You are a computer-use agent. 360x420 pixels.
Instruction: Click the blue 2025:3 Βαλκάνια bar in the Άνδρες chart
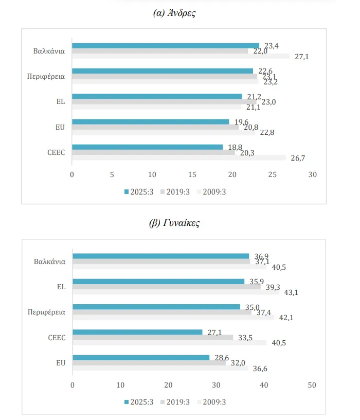[x=166, y=46]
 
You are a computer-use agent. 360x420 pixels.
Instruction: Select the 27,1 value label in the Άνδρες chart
[x=302, y=57]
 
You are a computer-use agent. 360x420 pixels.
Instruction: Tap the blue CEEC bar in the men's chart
[x=147, y=147]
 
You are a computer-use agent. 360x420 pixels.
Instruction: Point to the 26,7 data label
[x=298, y=159]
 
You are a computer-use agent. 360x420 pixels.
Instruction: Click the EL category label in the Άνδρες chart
[x=61, y=101]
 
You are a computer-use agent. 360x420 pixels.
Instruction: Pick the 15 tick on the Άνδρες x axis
[x=192, y=174]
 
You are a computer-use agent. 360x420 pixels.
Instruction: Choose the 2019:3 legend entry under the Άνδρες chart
[x=175, y=192]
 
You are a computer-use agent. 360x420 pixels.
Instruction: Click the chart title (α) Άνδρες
[x=174, y=12]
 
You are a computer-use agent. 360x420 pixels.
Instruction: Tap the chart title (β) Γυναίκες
[x=174, y=223]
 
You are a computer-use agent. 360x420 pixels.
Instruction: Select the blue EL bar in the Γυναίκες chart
[x=158, y=282]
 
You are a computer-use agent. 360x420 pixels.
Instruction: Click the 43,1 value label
[x=291, y=292]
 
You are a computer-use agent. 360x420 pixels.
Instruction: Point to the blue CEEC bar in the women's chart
[x=138, y=332]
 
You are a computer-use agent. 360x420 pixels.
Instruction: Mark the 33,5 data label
[x=245, y=338]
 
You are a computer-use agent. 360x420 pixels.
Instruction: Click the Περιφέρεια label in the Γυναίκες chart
[x=47, y=312]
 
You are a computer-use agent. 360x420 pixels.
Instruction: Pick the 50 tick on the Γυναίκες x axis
[x=312, y=385]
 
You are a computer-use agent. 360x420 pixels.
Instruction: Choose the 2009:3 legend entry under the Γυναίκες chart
[x=211, y=402]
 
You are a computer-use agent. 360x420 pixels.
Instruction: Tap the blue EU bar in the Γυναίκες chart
[x=141, y=358]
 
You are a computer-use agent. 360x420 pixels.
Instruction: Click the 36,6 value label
[x=260, y=369]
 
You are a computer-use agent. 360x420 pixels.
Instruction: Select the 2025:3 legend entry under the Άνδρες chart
[x=139, y=192]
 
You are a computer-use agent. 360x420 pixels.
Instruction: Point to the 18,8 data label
[x=235, y=147]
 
